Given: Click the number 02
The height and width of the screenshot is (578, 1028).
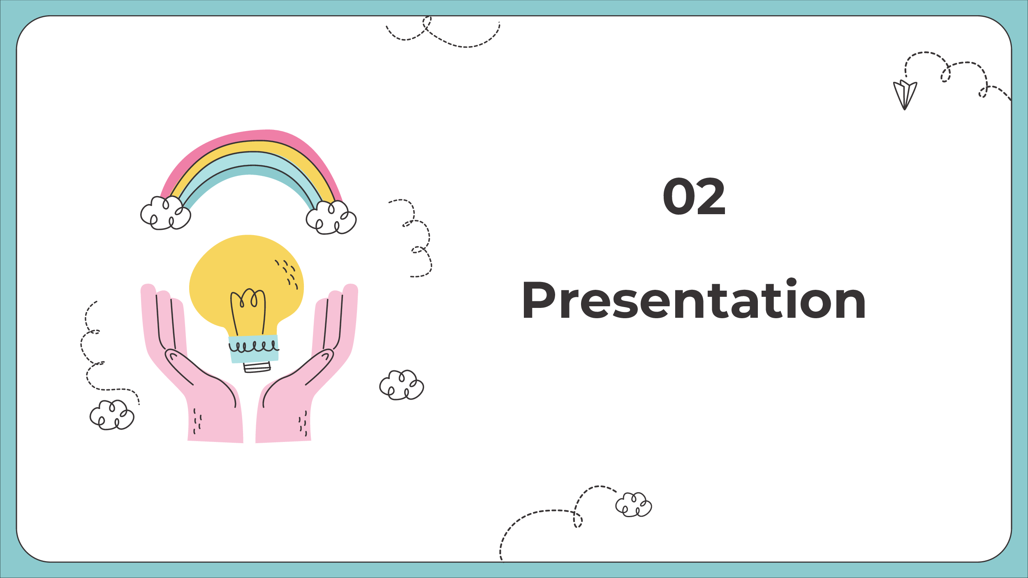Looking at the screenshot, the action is click(x=694, y=196).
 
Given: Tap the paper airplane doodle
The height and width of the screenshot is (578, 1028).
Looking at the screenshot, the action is click(x=905, y=95).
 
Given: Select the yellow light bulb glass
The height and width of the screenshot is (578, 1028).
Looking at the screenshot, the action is click(x=247, y=280).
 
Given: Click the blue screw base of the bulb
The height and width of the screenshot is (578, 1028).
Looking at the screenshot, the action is click(x=254, y=349).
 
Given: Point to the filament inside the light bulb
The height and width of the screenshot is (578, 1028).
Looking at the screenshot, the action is click(x=248, y=310).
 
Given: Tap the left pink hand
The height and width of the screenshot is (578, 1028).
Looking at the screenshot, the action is click(x=192, y=366).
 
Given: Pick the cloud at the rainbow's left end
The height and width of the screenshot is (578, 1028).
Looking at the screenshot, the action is click(x=166, y=213).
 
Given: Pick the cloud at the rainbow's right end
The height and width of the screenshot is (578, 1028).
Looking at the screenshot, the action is click(x=331, y=217).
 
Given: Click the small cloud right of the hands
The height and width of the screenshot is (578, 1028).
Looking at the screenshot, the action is click(x=402, y=385).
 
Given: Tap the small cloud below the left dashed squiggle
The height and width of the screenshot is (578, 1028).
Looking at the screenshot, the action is click(x=112, y=415).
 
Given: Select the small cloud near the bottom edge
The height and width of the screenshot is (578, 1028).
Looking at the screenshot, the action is click(x=634, y=504).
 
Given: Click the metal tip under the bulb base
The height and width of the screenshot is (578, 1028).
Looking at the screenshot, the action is click(x=257, y=368).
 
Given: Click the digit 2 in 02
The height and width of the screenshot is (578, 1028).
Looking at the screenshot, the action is click(x=711, y=196).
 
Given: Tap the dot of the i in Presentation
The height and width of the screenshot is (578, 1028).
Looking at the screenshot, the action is click(x=792, y=282).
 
